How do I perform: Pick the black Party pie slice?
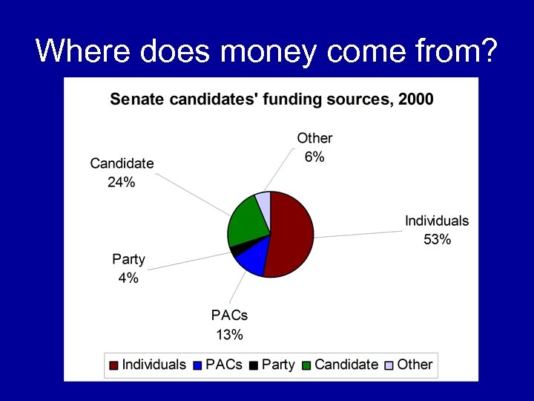[235, 250]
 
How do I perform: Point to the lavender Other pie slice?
[263, 199]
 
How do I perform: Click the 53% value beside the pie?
[437, 239]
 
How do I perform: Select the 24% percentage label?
[122, 182]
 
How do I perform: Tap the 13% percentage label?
[229, 334]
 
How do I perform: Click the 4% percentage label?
[128, 278]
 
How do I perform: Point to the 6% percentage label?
[314, 157]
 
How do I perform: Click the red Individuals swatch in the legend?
[114, 365]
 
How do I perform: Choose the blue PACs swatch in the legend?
[198, 365]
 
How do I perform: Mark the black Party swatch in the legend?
[254, 365]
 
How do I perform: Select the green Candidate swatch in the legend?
[307, 365]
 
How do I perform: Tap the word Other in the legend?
[415, 365]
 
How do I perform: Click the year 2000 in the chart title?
[415, 99]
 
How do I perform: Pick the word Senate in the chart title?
[134, 99]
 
